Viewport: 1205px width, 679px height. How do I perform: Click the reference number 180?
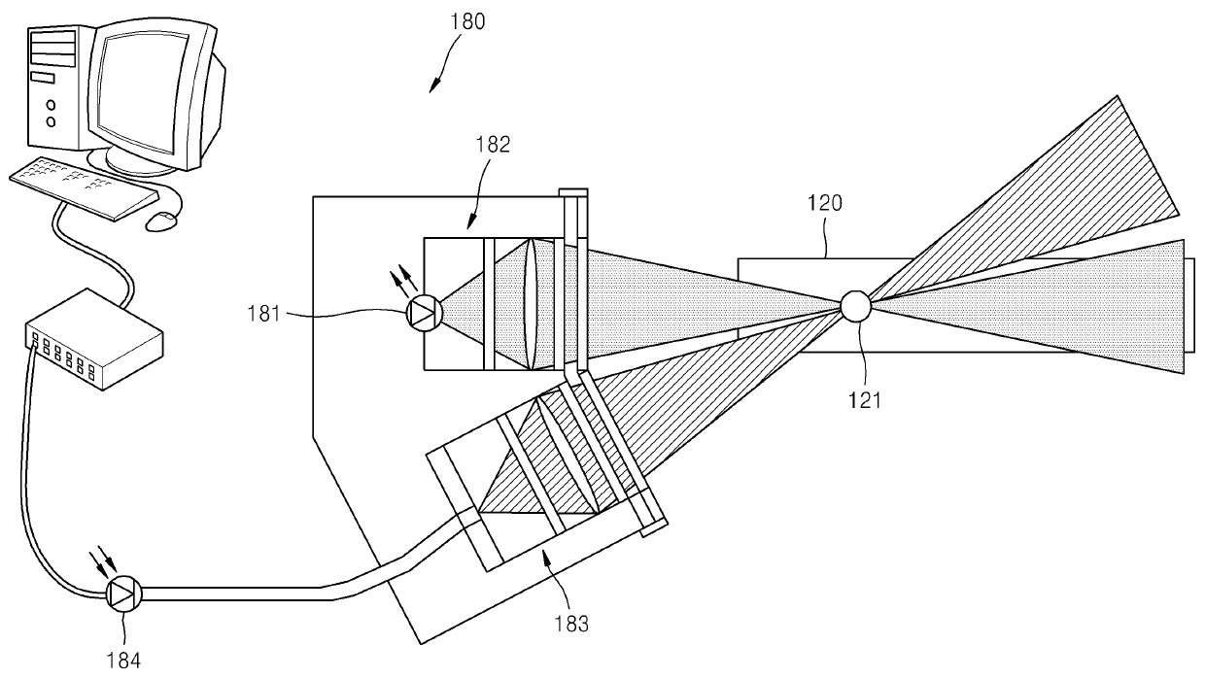click(467, 22)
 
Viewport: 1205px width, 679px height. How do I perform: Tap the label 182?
click(493, 145)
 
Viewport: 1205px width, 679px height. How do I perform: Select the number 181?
click(263, 314)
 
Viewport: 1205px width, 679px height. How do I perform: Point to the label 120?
click(825, 203)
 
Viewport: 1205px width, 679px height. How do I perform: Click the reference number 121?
click(865, 400)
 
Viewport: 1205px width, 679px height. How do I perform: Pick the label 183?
click(571, 625)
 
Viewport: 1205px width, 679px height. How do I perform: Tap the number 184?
click(123, 661)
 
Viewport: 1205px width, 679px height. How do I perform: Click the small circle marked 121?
click(856, 307)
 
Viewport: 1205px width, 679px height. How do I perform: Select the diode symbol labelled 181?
click(425, 313)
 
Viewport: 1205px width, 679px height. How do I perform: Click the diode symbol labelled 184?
click(124, 594)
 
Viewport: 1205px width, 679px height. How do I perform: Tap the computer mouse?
click(162, 221)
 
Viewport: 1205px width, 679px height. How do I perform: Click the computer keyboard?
click(84, 187)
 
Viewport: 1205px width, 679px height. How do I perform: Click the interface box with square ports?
click(94, 339)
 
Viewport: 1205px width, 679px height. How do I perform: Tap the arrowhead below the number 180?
click(433, 87)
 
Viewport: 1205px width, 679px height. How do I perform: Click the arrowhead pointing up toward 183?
click(547, 557)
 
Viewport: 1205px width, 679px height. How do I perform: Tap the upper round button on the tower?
click(52, 104)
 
